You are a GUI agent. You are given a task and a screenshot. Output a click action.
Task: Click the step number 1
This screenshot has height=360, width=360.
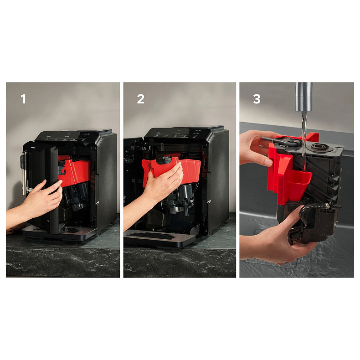23,99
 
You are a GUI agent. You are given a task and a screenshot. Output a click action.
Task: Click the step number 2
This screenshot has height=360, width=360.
141,99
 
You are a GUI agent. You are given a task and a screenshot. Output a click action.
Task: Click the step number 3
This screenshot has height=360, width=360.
257,99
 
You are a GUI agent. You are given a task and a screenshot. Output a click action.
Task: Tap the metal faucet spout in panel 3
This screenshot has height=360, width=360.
304,97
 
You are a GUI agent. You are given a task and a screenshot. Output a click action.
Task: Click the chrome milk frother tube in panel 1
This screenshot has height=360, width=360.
24,172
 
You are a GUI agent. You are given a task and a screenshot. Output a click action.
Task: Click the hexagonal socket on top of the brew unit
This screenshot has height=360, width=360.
318,147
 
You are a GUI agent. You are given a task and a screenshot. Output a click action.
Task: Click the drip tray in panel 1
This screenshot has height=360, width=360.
60,232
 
